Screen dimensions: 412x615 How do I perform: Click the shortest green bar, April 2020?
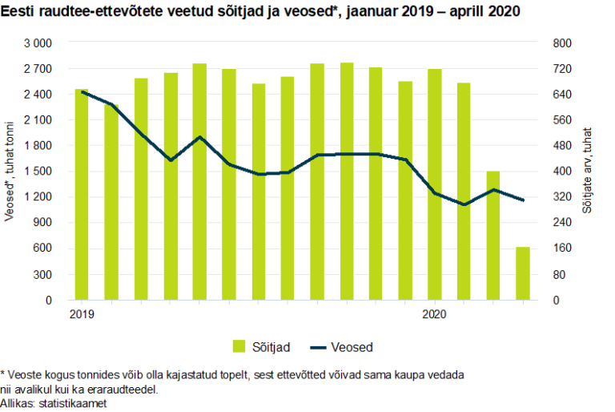tap(522, 273)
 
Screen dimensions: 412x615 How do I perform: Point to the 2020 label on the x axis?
tap(434, 314)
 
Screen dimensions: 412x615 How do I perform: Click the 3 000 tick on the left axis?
tap(37, 42)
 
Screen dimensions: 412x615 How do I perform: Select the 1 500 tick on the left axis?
tap(37, 171)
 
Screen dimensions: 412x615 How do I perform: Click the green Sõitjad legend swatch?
tap(238, 346)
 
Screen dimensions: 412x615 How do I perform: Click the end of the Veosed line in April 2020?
tap(523, 200)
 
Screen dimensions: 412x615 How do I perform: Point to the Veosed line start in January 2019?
tap(82, 92)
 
